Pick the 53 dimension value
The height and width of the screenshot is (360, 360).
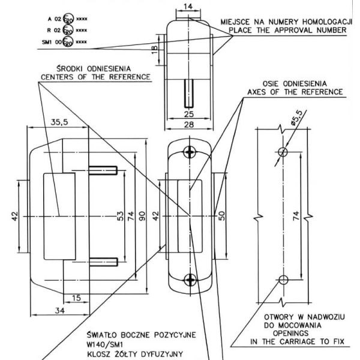pos(121,215)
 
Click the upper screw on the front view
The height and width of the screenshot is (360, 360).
pos(190,151)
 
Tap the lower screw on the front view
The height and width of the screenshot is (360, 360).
pos(190,278)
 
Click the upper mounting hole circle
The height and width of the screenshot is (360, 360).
pos(283,149)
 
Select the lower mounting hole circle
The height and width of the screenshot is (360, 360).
pos(283,279)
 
